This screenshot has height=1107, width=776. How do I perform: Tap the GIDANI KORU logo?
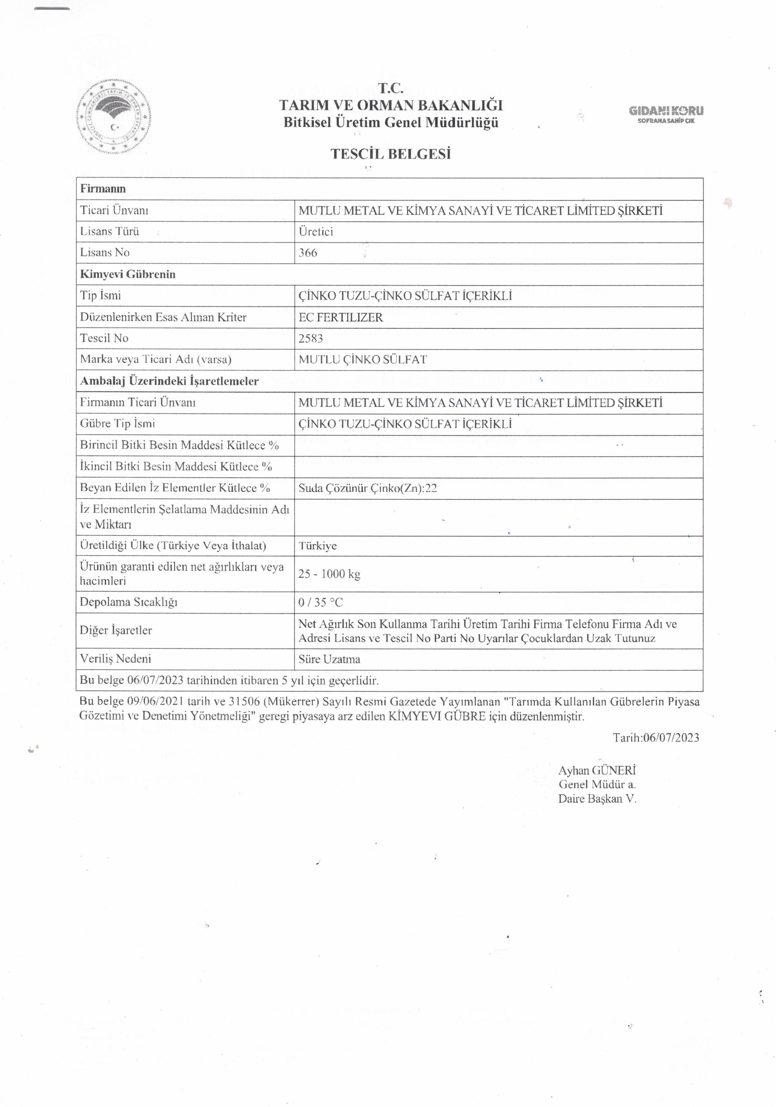[666, 114]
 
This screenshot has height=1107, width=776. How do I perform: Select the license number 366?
[308, 253]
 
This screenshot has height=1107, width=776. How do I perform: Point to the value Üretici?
[316, 231]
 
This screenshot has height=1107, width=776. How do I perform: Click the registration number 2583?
[311, 338]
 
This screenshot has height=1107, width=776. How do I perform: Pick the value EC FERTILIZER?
[340, 317]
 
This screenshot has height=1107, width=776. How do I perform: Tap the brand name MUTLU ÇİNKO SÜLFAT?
[362, 360]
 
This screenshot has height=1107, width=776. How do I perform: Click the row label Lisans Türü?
[110, 231]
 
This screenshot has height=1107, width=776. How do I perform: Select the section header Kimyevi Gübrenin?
[128, 274]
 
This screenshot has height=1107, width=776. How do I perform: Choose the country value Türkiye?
[317, 546]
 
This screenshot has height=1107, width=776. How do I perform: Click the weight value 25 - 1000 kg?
[329, 574]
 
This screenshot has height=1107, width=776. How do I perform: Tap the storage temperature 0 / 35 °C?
[321, 602]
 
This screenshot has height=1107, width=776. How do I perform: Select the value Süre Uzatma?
[329, 659]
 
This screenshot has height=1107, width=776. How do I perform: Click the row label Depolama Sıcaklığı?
[129, 602]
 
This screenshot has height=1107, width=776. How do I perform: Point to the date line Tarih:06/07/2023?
[656, 737]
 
